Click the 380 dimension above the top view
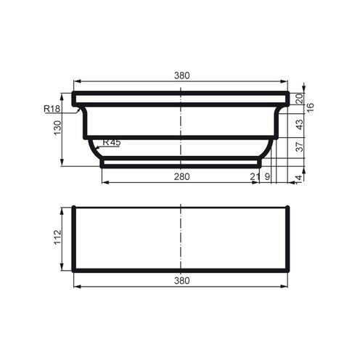point(181,75)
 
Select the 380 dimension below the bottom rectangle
point(181,280)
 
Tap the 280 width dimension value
point(181,177)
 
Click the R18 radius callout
point(51,109)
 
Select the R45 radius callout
point(111,142)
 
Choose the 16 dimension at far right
point(309,106)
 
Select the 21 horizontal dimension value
point(255,177)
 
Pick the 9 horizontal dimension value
point(267,177)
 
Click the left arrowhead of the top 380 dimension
point(76,81)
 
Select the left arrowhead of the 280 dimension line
point(103,182)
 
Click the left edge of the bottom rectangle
point(73,239)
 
